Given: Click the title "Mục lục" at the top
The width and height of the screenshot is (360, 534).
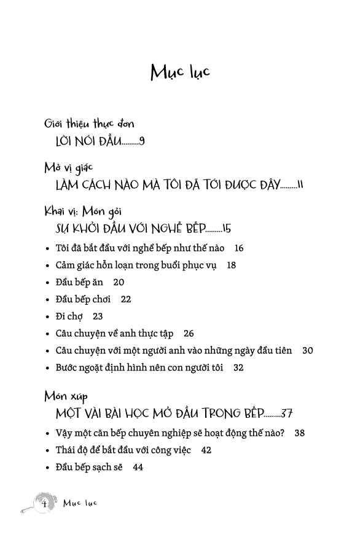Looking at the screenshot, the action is [x=180, y=72].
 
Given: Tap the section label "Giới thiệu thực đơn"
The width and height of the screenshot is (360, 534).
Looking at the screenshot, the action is [x=89, y=124].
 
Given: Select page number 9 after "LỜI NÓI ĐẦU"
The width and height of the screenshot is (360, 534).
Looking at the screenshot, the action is [x=142, y=141].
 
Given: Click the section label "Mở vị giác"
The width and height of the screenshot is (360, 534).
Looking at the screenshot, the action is [x=68, y=167].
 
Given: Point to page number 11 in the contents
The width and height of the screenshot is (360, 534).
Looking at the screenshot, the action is [x=300, y=185].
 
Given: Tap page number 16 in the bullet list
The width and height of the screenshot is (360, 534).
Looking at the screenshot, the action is [x=239, y=248].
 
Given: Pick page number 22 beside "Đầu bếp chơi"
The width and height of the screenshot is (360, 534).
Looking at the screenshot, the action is [x=126, y=299].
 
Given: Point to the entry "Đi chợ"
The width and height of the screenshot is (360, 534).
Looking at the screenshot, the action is [x=69, y=316].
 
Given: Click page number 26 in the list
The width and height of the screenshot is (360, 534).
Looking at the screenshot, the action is [x=188, y=334].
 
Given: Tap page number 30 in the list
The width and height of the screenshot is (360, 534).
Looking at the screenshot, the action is [x=308, y=351].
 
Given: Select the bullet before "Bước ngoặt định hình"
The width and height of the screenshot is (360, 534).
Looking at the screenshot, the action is [x=48, y=368].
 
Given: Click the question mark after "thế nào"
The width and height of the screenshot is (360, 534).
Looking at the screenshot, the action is [x=281, y=433].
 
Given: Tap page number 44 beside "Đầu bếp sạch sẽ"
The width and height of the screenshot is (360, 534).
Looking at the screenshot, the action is [x=138, y=467].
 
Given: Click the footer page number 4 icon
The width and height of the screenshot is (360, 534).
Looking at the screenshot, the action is [x=44, y=503].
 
